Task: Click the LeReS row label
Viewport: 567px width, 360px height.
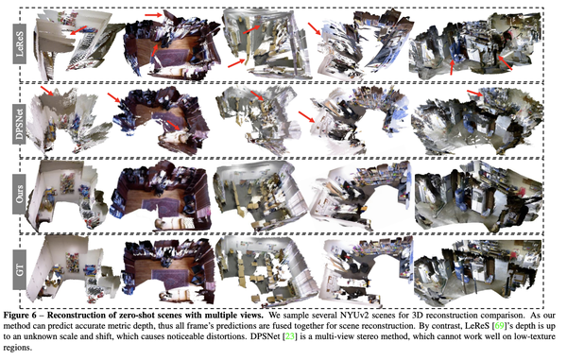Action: pyautogui.click(x=20, y=43)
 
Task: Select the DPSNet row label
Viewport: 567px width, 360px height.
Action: pyautogui.click(x=20, y=121)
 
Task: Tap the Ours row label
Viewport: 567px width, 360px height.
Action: pyautogui.click(x=20, y=194)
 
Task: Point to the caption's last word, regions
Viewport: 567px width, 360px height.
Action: pyautogui.click(x=17, y=349)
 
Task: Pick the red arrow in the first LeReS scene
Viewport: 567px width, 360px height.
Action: pyautogui.click(x=78, y=30)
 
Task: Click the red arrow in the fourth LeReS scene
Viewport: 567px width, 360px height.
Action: pyautogui.click(x=314, y=28)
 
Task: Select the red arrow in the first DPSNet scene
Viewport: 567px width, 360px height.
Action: pyautogui.click(x=47, y=91)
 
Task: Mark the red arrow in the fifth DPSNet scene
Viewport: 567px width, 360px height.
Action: pyautogui.click(x=475, y=93)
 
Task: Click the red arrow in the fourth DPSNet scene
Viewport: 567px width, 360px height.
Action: pyautogui.click(x=306, y=117)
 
